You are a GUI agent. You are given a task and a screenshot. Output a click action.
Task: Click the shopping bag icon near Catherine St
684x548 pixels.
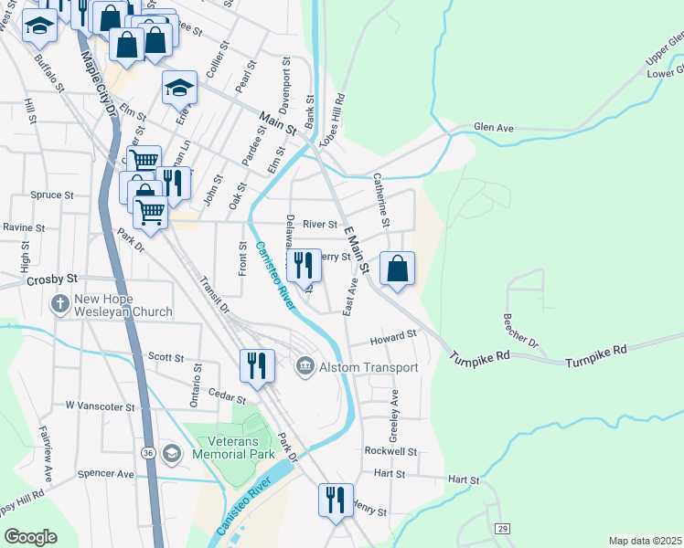[398, 269]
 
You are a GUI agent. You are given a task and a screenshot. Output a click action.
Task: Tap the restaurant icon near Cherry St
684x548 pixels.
[305, 265]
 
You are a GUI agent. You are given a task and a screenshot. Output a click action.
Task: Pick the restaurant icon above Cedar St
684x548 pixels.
[256, 365]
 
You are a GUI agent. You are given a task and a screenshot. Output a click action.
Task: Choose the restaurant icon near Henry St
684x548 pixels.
[335, 500]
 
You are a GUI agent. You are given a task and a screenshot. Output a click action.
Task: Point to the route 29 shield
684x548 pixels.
[502, 529]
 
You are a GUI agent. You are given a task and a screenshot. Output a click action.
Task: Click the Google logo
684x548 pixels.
[30, 537]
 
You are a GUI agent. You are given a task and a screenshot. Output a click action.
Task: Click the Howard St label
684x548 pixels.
[393, 338]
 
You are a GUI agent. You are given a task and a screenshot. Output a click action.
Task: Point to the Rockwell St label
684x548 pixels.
[390, 451]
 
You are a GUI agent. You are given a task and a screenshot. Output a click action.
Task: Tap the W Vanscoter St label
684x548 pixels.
[100, 405]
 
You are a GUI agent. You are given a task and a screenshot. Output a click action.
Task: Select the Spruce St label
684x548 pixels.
[51, 195]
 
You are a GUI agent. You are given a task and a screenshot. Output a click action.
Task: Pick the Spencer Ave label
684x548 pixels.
[106, 474]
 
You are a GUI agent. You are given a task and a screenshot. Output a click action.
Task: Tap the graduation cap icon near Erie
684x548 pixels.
[180, 88]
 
